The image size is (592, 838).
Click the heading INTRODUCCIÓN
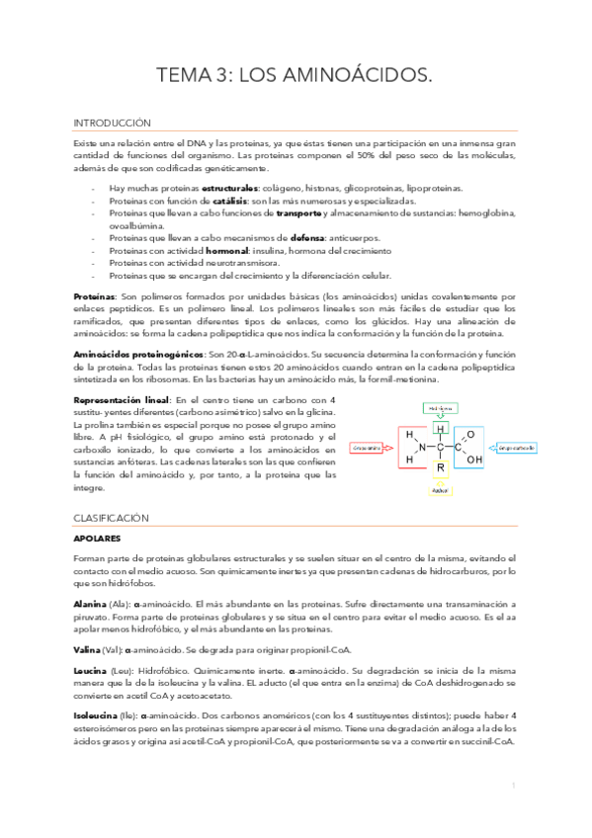(112, 124)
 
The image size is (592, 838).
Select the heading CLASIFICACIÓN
(111, 518)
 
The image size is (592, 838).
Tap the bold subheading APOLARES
(97, 539)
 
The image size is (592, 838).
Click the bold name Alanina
(90, 603)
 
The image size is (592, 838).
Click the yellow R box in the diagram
(441, 468)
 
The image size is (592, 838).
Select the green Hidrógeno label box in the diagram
(441, 406)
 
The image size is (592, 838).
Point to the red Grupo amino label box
(369, 447)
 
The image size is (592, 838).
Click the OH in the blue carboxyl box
(473, 459)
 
